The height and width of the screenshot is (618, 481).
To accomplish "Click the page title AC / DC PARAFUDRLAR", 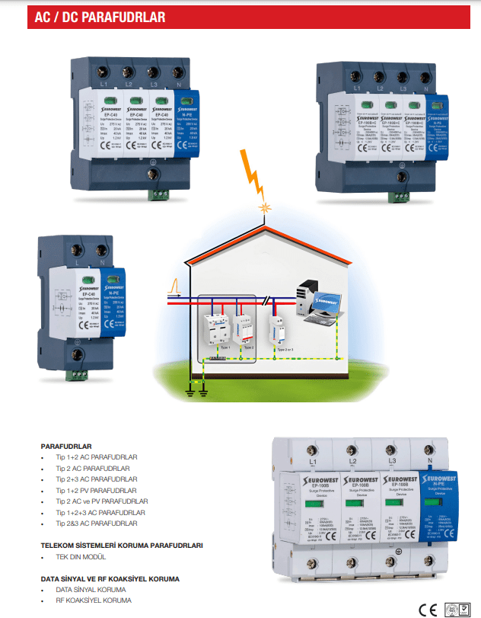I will [99, 18].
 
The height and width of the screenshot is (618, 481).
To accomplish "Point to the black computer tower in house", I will [307, 296].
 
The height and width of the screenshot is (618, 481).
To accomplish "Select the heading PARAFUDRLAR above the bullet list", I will [66, 446].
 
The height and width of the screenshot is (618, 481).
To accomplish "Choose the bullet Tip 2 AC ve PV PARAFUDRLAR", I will [102, 501].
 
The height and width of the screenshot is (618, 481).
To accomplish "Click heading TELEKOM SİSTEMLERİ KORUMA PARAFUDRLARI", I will [122, 546].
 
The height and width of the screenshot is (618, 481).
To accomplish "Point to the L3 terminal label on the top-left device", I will [155, 83].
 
